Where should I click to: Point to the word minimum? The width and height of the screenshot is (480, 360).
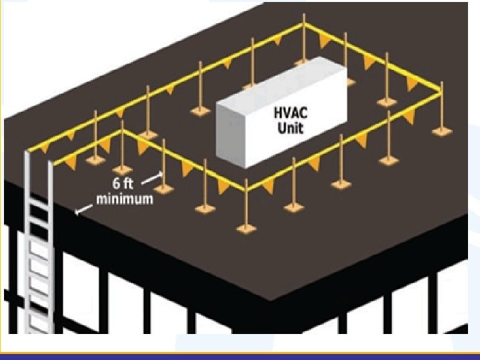[x=125, y=199]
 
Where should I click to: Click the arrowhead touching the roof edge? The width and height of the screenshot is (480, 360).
[x=78, y=211]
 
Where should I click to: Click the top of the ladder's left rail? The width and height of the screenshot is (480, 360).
[x=27, y=152]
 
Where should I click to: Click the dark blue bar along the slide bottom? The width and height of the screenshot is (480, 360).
[x=240, y=355]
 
